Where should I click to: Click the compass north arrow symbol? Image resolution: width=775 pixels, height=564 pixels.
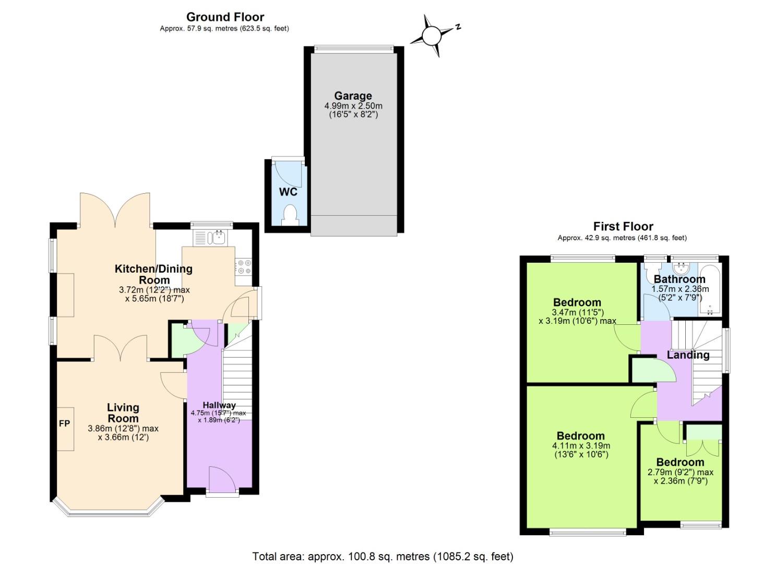point(432,36)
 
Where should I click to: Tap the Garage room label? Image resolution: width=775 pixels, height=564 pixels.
point(353,96)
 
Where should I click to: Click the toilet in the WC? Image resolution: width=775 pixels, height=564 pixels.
point(289,214)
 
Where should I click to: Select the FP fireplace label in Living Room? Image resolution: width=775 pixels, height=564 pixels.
point(64,424)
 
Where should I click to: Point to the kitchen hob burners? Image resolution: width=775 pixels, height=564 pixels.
point(244,267)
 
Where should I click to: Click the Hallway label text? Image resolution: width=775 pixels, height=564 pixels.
point(219,405)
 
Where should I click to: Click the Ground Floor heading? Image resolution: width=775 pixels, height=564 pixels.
point(225,17)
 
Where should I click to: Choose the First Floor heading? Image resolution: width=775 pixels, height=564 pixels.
point(623,226)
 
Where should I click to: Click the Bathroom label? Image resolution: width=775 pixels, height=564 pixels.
point(679,279)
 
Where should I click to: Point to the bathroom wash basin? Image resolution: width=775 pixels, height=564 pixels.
point(681,268)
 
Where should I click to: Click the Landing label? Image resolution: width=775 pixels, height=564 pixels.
point(688,355)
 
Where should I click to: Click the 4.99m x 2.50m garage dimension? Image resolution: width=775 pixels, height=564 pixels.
point(353,106)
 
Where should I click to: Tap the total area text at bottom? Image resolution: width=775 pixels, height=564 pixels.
point(383,556)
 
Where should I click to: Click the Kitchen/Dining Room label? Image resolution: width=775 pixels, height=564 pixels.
point(153,274)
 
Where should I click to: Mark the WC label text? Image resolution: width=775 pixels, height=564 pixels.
point(288,192)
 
